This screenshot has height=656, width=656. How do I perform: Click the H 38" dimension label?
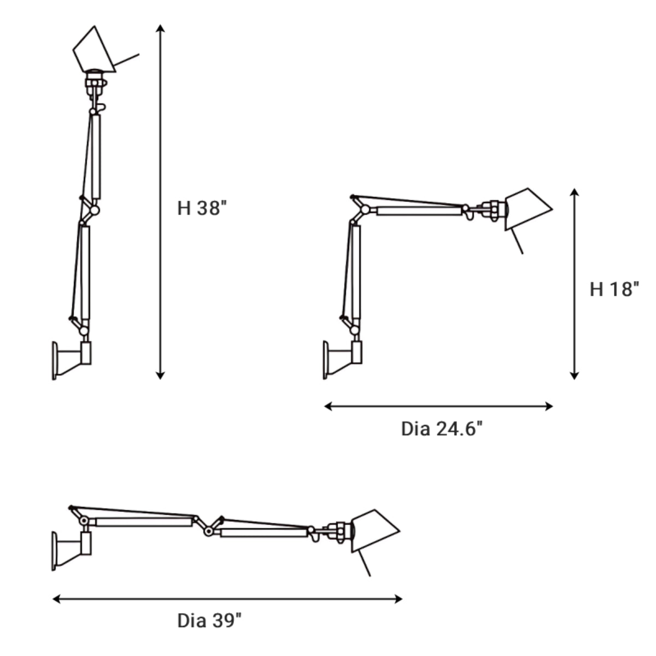201,208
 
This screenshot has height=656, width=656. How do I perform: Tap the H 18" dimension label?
614,289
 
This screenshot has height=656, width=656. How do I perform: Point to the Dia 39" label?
209,620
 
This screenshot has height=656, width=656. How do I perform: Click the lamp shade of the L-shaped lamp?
527,208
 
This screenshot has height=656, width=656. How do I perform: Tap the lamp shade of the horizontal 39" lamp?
374,530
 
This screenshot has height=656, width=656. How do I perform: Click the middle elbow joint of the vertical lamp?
94,210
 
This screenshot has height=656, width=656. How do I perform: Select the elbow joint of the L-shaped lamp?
365,210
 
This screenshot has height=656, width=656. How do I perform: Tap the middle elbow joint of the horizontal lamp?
208,530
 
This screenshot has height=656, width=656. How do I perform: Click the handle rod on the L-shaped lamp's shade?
517,242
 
